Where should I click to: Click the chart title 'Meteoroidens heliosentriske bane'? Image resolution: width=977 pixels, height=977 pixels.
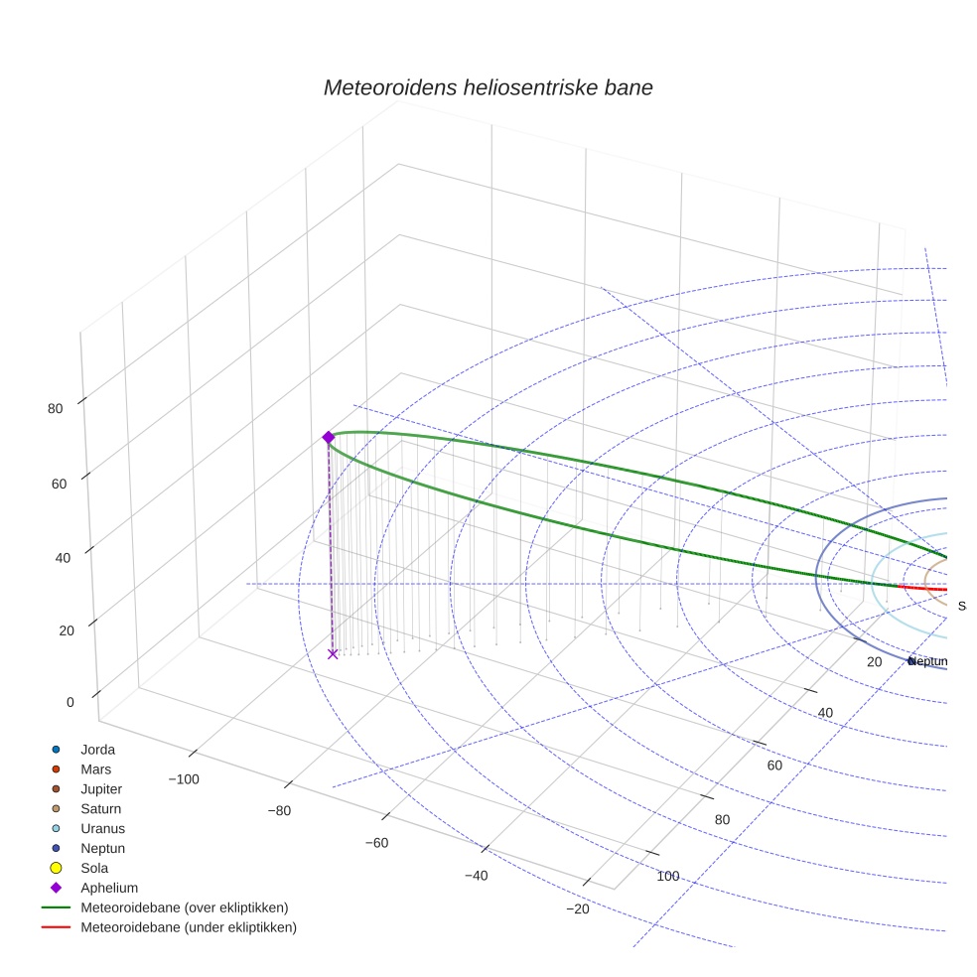click(x=488, y=87)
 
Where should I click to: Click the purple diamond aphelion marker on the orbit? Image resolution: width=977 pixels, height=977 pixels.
click(x=329, y=437)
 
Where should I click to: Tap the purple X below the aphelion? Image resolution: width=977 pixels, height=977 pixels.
click(x=333, y=653)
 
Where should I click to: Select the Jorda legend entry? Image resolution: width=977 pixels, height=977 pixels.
click(x=97, y=750)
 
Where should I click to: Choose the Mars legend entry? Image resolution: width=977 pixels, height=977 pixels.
click(x=95, y=769)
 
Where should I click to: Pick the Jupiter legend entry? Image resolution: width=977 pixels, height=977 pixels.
click(x=101, y=789)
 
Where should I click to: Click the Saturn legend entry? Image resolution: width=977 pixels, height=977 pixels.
click(x=100, y=809)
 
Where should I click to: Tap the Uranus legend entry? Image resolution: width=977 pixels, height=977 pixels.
click(x=102, y=829)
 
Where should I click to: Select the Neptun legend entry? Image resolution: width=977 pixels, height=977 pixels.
click(x=102, y=849)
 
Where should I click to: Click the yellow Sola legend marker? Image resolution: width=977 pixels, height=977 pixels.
click(x=57, y=868)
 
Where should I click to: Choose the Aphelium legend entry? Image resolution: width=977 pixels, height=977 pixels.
click(x=108, y=888)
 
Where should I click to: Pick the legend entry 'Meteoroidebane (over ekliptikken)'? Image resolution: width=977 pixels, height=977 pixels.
click(x=185, y=907)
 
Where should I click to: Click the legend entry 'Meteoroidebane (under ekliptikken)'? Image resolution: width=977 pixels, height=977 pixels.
click(x=189, y=927)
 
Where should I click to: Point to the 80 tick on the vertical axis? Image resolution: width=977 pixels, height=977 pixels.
click(x=56, y=408)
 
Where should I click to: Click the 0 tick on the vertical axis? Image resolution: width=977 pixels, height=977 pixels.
click(x=70, y=702)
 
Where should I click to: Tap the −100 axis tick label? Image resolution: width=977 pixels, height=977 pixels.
click(x=184, y=778)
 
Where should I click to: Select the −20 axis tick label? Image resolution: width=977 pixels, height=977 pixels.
click(x=578, y=909)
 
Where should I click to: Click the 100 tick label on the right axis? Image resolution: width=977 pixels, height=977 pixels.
click(x=667, y=876)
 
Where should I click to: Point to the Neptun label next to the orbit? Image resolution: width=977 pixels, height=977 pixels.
click(x=928, y=661)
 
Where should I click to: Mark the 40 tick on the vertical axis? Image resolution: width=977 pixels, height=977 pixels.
click(x=63, y=557)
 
